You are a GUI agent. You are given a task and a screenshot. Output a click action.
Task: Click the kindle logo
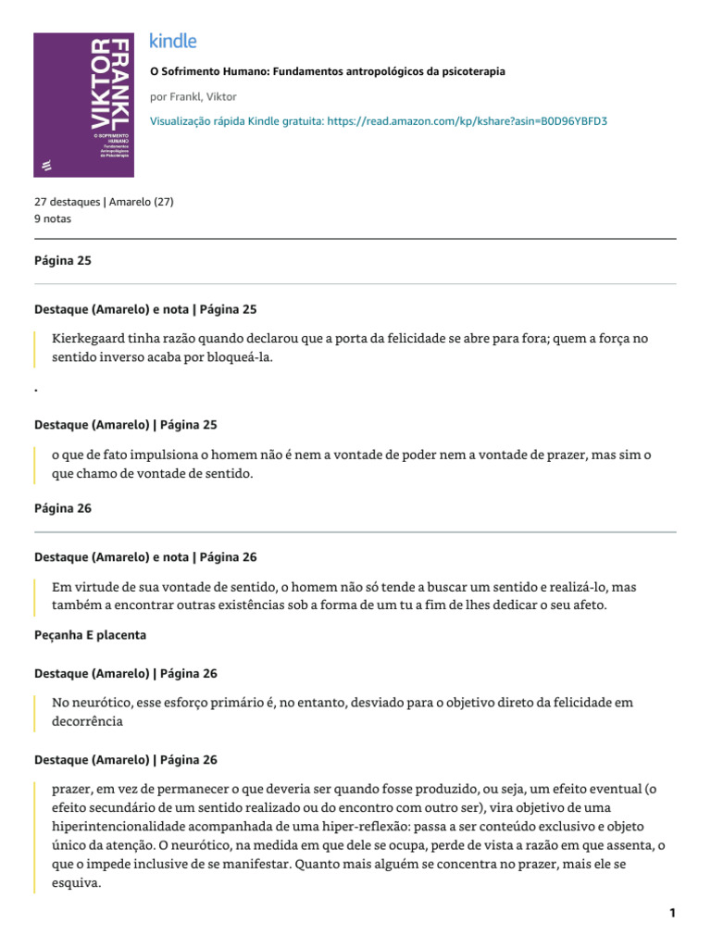pyautogui.click(x=173, y=42)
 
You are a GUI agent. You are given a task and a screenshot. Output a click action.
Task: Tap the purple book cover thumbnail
pyautogui.click(x=82, y=105)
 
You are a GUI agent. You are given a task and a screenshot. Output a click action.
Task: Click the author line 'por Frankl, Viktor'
pyautogui.click(x=193, y=96)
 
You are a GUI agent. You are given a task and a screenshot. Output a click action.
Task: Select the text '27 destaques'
pyautogui.click(x=67, y=201)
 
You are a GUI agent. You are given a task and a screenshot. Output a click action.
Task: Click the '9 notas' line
pyautogui.click(x=52, y=219)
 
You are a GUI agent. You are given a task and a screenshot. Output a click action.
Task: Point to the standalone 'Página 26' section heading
pyautogui.click(x=63, y=508)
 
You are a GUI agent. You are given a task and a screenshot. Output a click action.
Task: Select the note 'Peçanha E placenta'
pyautogui.click(x=90, y=635)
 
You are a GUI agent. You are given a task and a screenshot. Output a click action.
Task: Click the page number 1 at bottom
pyautogui.click(x=673, y=913)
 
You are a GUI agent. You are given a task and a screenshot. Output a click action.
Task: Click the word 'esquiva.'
pyautogui.click(x=77, y=883)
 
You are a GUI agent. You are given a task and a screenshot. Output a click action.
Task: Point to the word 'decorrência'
pyautogui.click(x=88, y=722)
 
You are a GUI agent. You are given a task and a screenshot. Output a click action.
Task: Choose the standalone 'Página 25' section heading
pyautogui.click(x=63, y=261)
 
